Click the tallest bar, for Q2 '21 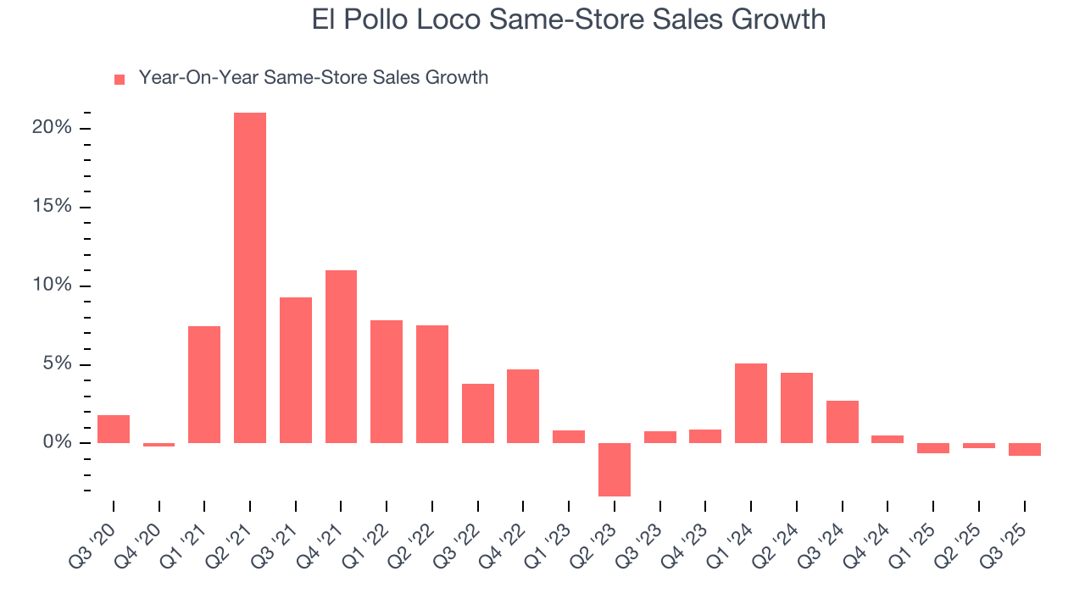click(250, 278)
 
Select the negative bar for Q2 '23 click(615, 469)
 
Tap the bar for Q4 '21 click(341, 357)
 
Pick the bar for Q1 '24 click(751, 403)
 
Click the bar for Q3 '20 click(114, 430)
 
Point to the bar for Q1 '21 click(204, 385)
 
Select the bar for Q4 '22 click(523, 406)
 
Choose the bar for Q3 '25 click(1024, 450)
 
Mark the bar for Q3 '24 click(842, 422)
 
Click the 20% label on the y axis click(52, 128)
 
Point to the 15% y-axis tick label click(52, 208)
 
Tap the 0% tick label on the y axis click(57, 443)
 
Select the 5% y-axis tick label click(57, 364)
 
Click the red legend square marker click(120, 79)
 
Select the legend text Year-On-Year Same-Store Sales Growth click(314, 78)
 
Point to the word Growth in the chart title click(777, 19)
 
